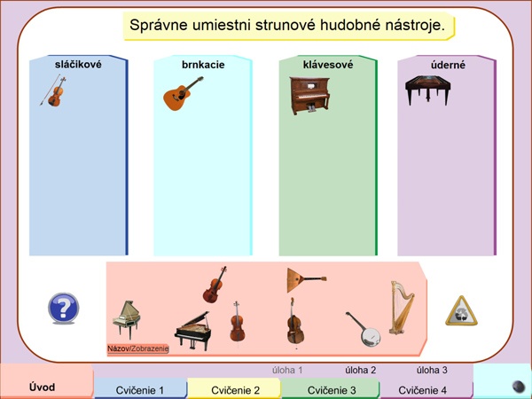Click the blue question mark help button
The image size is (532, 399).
pyautogui.click(x=64, y=308)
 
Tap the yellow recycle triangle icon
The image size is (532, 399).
pyautogui.click(x=461, y=311)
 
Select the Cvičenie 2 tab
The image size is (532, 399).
pyautogui.click(x=235, y=390)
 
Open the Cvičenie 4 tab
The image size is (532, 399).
pyautogui.click(x=422, y=390)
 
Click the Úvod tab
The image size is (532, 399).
pyautogui.click(x=42, y=387)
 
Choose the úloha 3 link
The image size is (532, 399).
pyautogui.click(x=432, y=370)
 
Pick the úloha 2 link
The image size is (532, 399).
pyautogui.click(x=361, y=370)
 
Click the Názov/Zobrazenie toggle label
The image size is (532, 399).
pyautogui.click(x=137, y=348)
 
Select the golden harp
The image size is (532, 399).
pyautogui.click(x=402, y=308)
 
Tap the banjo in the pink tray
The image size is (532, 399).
pyautogui.click(x=364, y=329)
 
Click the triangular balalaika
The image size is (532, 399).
pyautogui.click(x=306, y=280)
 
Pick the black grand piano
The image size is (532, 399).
pyautogui.click(x=192, y=330)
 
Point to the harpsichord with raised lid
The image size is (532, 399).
pyautogui.click(x=127, y=319)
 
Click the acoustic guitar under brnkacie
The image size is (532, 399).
pyautogui.click(x=183, y=94)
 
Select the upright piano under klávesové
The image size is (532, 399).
pyautogui.click(x=309, y=96)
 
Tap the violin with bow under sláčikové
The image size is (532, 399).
pyautogui.click(x=54, y=91)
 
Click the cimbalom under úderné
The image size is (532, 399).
pyautogui.click(x=428, y=90)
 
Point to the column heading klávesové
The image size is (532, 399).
pyautogui.click(x=328, y=65)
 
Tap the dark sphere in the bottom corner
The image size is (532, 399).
pyautogui.click(x=518, y=387)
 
